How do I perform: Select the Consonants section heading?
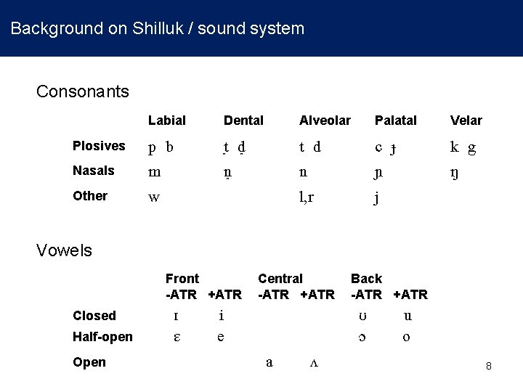click(83, 91)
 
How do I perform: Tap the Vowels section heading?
click(65, 250)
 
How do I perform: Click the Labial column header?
click(167, 121)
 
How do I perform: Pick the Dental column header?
click(243, 121)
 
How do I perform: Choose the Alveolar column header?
click(325, 121)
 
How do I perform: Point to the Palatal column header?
click(395, 121)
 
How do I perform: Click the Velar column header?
click(466, 121)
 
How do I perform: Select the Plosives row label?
click(99, 146)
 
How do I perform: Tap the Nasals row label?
click(94, 171)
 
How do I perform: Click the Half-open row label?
click(102, 337)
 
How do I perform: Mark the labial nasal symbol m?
click(154, 172)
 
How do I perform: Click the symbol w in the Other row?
click(154, 197)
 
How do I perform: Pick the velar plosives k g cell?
click(463, 147)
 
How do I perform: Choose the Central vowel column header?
click(280, 279)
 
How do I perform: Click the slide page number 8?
click(489, 367)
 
